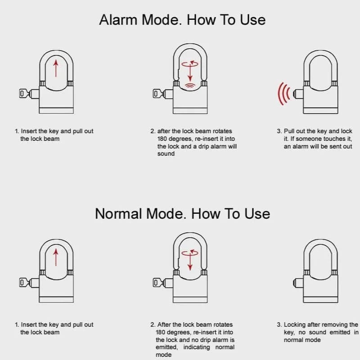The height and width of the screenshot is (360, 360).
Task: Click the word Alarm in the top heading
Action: tap(118, 20)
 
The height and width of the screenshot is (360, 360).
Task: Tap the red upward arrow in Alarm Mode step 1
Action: tap(56, 68)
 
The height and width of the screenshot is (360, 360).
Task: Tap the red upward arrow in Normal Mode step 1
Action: tap(56, 257)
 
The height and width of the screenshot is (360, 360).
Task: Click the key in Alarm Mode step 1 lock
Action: tap(25, 94)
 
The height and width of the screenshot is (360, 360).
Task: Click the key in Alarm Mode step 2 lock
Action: tap(159, 94)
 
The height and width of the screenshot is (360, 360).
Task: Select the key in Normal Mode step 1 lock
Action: tap(25, 283)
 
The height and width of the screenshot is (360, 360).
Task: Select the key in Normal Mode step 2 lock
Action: tap(159, 283)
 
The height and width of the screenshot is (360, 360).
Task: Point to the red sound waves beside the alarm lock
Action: tap(284, 94)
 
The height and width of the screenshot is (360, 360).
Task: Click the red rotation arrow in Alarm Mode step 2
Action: tap(190, 63)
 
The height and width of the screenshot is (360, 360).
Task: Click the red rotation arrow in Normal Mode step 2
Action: tap(190, 252)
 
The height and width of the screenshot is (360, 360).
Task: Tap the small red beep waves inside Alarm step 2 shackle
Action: tap(190, 85)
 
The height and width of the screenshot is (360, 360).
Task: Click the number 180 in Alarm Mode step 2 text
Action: tap(162, 139)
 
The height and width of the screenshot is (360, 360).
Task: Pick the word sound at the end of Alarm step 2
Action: tap(166, 153)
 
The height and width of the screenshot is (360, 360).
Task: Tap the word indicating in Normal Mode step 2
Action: tap(197, 347)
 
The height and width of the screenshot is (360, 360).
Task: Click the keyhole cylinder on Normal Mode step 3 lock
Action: tap(298, 283)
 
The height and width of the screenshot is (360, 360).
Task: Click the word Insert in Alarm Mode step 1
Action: tap(29, 131)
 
